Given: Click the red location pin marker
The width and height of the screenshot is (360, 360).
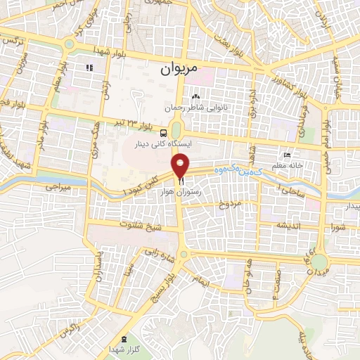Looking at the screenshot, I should tap(181, 167).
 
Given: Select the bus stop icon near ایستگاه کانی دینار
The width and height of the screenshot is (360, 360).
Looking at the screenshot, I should tap(163, 132).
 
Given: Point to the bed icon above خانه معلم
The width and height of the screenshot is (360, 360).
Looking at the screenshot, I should tap(286, 155).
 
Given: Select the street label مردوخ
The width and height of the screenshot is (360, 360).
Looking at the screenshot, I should tap(229, 205).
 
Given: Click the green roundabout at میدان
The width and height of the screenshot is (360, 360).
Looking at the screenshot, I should tap(319, 261).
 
